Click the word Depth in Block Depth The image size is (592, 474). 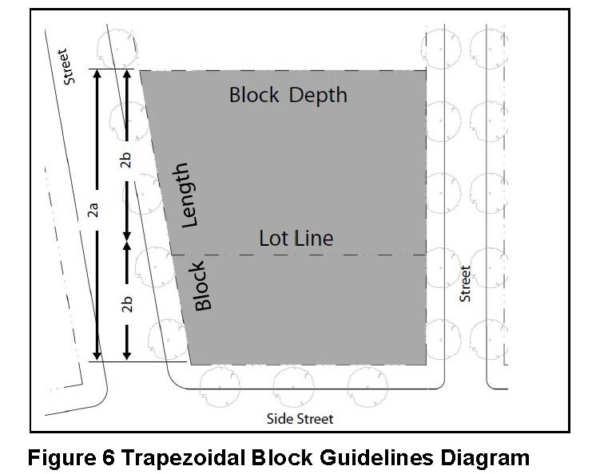[x=318, y=96]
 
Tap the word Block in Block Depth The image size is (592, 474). [x=254, y=95]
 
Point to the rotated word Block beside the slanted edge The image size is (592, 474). [x=201, y=286]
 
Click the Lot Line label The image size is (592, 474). [x=296, y=238]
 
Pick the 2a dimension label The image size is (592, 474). [x=93, y=211]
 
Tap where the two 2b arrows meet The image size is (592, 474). [x=126, y=238]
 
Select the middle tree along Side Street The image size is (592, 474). [x=293, y=386]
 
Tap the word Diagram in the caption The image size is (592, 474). [x=487, y=458]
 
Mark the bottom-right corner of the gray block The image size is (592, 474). [x=426, y=364]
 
